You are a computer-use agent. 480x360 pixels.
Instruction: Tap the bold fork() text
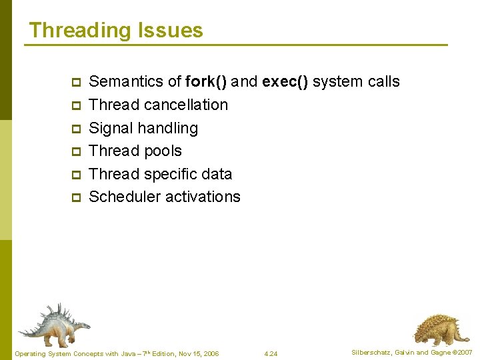pyautogui.click(x=206, y=82)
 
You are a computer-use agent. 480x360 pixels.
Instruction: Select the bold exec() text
pyautogui.click(x=285, y=82)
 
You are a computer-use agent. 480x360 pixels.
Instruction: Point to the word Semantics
pyautogui.click(x=126, y=82)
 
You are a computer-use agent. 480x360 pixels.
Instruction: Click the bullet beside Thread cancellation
pyautogui.click(x=75, y=106)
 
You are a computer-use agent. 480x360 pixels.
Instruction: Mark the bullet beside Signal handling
pyautogui.click(x=75, y=129)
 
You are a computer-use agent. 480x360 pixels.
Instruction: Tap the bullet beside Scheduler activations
pyautogui.click(x=75, y=198)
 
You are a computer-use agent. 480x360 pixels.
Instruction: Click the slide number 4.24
pyautogui.click(x=271, y=353)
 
